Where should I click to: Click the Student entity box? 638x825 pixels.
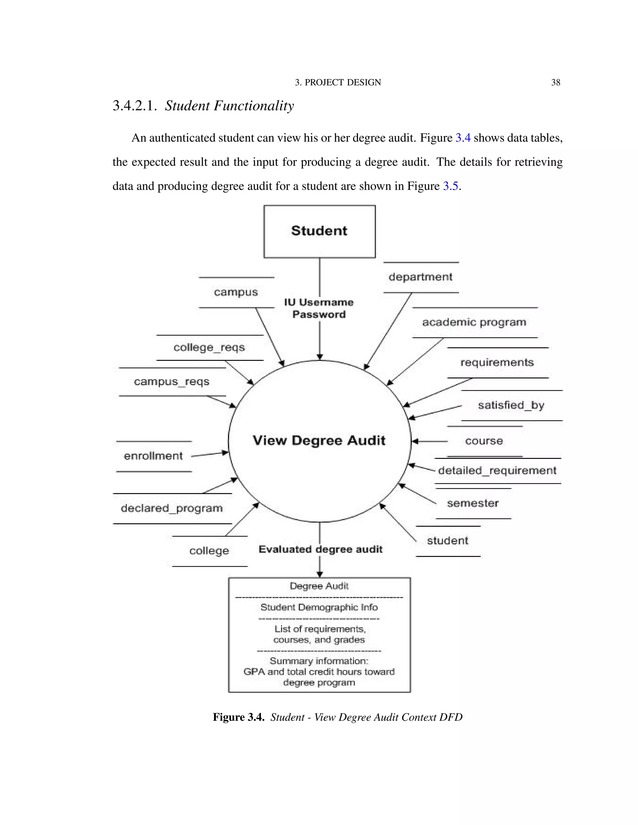[x=319, y=231]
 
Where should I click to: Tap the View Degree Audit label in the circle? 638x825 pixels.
[x=319, y=441]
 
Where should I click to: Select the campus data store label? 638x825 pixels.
[x=236, y=292]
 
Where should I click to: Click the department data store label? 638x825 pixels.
[x=420, y=277]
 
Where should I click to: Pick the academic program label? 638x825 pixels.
[x=474, y=322]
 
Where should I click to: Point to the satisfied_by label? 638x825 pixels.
[x=511, y=405]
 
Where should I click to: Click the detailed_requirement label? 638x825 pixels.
[x=497, y=471]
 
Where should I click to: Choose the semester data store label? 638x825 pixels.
[x=473, y=503]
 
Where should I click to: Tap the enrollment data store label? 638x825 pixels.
[x=154, y=456]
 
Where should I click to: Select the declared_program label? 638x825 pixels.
[x=172, y=508]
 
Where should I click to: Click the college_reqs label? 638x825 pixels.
[x=209, y=347]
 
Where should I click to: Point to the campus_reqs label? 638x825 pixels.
[x=172, y=382]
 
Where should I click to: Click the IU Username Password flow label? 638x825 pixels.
[x=319, y=308]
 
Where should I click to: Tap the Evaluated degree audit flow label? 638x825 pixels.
[x=321, y=549]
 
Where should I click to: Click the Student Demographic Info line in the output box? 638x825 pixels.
[x=319, y=607]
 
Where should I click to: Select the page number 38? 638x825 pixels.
[x=555, y=82]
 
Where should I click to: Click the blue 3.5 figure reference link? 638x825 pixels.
[x=450, y=186]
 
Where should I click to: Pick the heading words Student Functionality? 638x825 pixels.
[x=229, y=106]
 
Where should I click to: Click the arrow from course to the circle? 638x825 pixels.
[x=430, y=441]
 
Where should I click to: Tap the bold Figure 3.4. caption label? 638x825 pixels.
[x=239, y=717]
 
